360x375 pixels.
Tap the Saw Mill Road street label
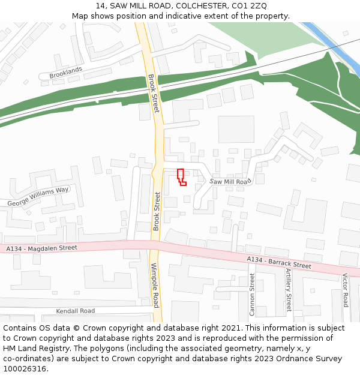(230, 181)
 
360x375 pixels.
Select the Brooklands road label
(65, 73)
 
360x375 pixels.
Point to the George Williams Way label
(38, 197)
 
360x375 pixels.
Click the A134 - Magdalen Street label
(42, 247)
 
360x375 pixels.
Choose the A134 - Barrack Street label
(279, 262)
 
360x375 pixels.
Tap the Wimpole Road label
(154, 285)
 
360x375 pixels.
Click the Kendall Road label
(76, 311)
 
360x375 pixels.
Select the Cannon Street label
(252, 294)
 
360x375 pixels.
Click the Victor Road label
(345, 290)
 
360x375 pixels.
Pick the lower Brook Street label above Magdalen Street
(157, 211)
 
